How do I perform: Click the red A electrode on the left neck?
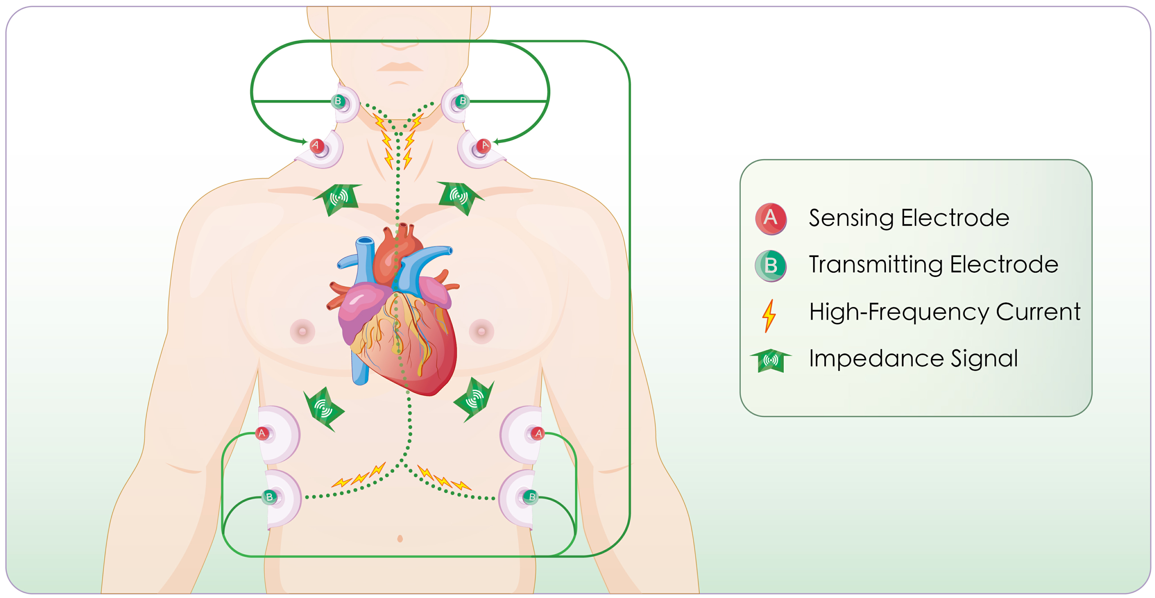[317, 145]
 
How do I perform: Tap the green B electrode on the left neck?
[338, 101]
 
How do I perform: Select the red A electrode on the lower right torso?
[538, 433]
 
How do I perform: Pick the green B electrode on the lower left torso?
[269, 497]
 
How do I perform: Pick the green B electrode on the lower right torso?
[531, 497]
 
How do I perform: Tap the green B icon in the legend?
[770, 265]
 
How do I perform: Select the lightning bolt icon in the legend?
[769, 315]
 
